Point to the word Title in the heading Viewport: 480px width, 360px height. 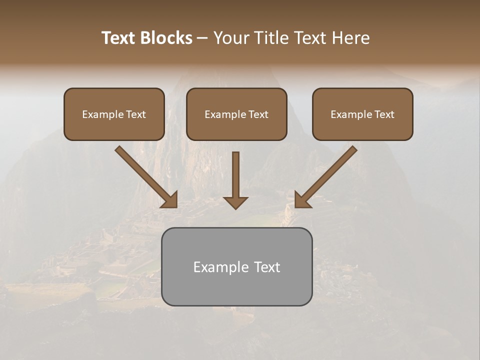[270, 38]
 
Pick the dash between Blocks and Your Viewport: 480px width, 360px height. [202, 38]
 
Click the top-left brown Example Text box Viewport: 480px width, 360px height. [114, 114]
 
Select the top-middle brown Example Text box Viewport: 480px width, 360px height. [236, 114]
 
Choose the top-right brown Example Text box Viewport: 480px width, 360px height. [362, 114]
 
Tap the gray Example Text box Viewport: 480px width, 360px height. [236, 266]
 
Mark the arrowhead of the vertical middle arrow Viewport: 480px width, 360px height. [235, 202]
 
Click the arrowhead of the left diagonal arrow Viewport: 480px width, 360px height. [170, 200]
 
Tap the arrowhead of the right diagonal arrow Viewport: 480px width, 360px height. [302, 200]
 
